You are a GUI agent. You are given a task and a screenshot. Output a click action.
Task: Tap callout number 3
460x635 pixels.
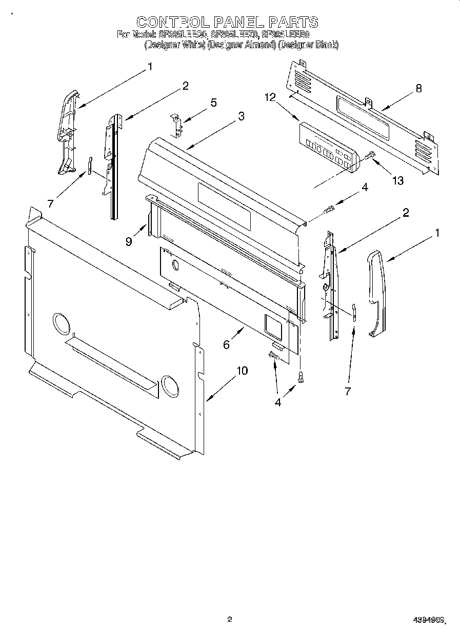click(241, 116)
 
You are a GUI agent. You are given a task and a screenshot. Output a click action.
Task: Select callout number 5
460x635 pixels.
click(213, 103)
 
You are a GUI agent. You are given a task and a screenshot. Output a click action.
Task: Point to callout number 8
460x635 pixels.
click(419, 88)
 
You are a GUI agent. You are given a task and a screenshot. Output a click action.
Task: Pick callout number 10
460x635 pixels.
click(242, 371)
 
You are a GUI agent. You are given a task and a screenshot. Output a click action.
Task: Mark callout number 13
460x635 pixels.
click(397, 180)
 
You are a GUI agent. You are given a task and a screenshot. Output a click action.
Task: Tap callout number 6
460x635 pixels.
click(226, 344)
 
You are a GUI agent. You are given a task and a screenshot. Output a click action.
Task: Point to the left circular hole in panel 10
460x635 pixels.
click(60, 325)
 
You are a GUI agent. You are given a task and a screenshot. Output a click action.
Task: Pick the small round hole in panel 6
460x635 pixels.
click(175, 265)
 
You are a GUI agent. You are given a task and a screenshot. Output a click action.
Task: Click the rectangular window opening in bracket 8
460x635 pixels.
click(362, 117)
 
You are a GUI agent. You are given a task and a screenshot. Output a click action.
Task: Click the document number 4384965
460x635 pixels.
click(428, 620)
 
